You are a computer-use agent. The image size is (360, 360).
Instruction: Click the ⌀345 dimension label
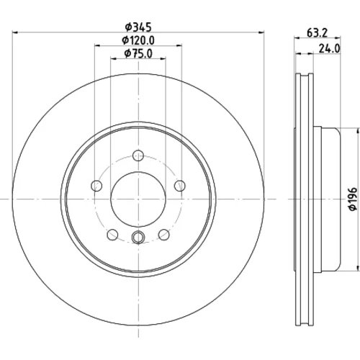138,27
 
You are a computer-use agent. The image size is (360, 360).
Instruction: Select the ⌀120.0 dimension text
138,40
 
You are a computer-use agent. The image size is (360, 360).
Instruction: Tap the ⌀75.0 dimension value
138,53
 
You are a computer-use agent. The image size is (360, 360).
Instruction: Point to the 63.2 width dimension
318,33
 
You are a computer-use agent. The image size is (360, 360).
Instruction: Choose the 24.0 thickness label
330,49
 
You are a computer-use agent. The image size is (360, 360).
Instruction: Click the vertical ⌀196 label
353,199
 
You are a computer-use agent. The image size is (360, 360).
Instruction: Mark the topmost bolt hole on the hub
138,156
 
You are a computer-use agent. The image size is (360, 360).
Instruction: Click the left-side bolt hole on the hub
96,186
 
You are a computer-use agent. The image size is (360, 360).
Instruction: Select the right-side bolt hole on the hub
180,186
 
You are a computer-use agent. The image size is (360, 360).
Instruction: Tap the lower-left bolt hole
112,234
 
